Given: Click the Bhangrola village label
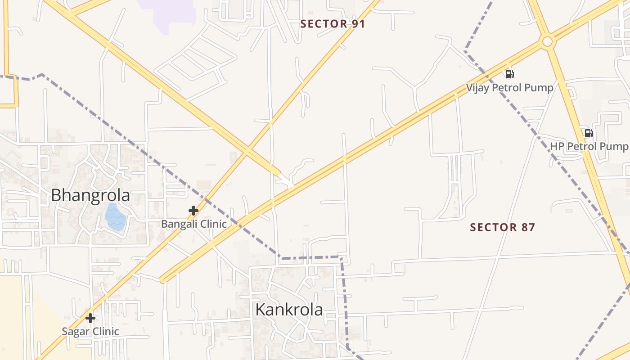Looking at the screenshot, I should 90,195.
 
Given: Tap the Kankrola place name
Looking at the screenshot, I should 289,310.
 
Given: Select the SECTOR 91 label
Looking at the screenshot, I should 333,24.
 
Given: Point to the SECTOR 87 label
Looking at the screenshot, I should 503,227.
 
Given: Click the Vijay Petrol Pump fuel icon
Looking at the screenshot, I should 509,74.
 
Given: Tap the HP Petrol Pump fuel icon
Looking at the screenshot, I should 589,133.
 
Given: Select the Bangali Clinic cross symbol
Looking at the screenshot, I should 193,210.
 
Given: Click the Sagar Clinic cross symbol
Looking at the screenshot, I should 90,318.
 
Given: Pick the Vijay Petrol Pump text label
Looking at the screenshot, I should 509,87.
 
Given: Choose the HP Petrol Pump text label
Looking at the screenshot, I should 589,146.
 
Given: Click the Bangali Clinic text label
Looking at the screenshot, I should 194,224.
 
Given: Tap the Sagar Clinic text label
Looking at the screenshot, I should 90,332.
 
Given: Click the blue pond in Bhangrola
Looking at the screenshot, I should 115,217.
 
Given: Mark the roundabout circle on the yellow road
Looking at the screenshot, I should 547,42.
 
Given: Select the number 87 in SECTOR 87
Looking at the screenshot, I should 528,227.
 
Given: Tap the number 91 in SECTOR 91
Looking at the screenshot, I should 358,24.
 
